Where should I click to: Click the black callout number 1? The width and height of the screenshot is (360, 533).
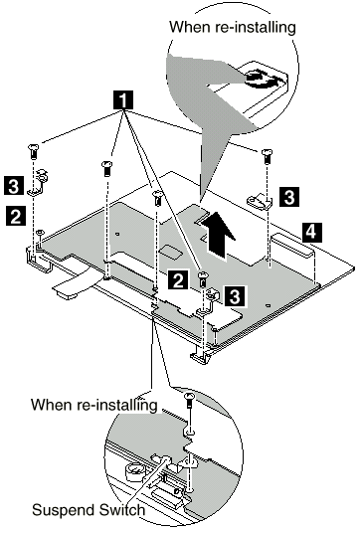tap(123, 99)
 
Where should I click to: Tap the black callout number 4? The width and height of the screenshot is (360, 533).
tap(311, 232)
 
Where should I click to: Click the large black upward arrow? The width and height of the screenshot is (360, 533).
tap(217, 235)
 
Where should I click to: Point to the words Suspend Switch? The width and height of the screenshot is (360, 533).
tap(89, 510)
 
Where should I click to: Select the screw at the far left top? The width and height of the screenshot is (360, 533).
tap(33, 151)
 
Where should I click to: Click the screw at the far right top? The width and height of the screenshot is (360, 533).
tap(267, 156)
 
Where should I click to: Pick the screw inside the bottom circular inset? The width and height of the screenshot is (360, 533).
tap(189, 401)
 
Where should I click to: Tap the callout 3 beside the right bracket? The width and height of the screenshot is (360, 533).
tap(289, 197)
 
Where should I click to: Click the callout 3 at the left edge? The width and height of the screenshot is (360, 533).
tap(14, 185)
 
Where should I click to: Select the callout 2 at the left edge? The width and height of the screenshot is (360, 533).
tap(15, 216)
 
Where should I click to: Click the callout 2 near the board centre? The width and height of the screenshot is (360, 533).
tap(177, 280)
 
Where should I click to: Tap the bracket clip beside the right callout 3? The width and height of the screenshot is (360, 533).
tap(260, 201)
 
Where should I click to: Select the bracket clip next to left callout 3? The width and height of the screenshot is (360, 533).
tap(38, 182)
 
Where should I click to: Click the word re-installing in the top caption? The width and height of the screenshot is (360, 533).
tap(256, 27)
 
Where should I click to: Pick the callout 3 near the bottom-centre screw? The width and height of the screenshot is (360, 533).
tap(235, 295)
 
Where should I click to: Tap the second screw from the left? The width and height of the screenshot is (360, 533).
tap(106, 169)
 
